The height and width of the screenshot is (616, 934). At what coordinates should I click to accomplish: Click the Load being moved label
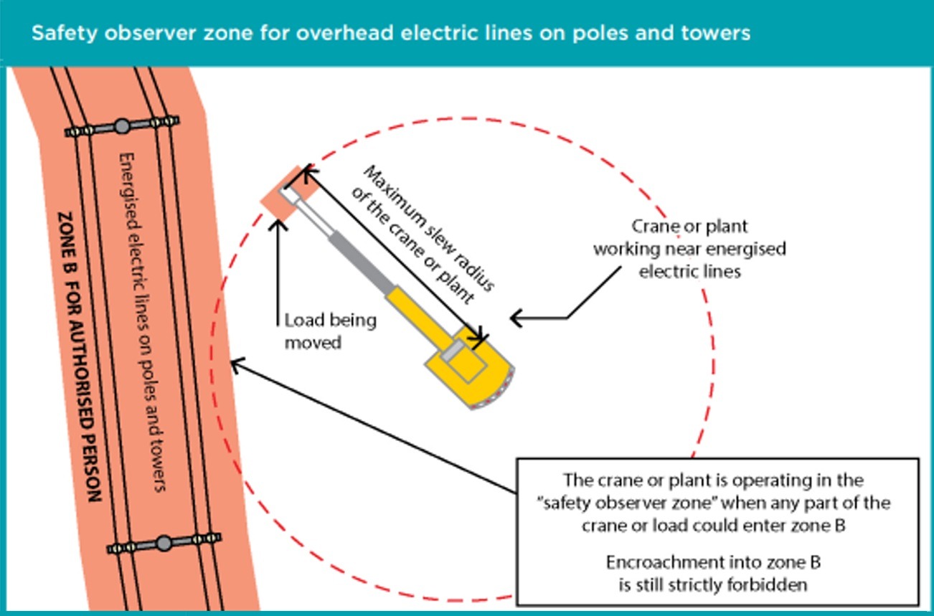tap(330, 331)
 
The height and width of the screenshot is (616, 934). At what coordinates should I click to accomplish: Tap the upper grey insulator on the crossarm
tap(122, 126)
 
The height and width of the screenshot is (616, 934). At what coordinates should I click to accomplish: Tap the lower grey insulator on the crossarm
tap(164, 543)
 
